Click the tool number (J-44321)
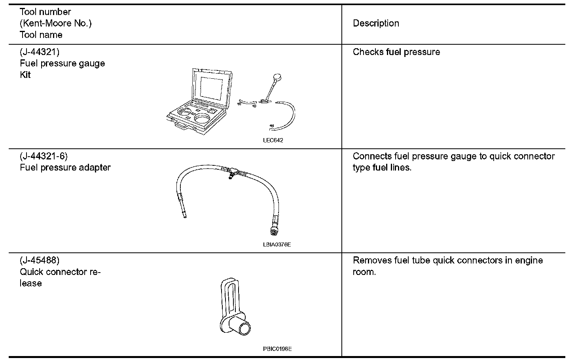pyautogui.click(x=40, y=52)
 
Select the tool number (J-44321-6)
pyautogui.click(x=44, y=156)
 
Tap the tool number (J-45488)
pyautogui.click(x=40, y=260)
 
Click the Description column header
pyautogui.click(x=376, y=23)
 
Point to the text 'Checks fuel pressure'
pyautogui.click(x=396, y=52)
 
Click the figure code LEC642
pyautogui.click(x=273, y=140)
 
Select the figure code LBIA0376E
pyautogui.click(x=277, y=244)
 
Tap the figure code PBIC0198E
pyautogui.click(x=277, y=349)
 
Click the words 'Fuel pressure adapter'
pyautogui.click(x=65, y=167)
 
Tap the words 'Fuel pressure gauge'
pyautogui.click(x=63, y=63)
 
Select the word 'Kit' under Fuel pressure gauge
pyautogui.click(x=25, y=75)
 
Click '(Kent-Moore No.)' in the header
pyautogui.click(x=56, y=23)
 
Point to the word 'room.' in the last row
pyautogui.click(x=364, y=272)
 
